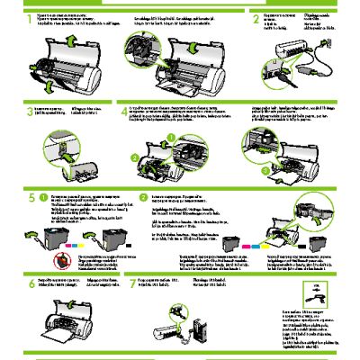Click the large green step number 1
(31, 17)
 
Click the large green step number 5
(31, 196)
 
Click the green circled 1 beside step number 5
(44, 196)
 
